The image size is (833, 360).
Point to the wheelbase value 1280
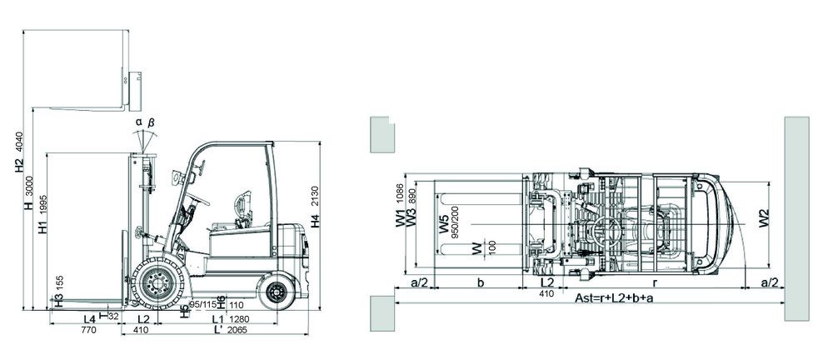click(239, 319)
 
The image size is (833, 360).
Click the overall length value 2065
click(239, 330)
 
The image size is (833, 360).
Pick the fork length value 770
click(89, 330)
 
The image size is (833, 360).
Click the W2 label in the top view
click(764, 218)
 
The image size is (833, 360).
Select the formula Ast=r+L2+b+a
click(614, 297)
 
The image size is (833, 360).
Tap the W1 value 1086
click(401, 195)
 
